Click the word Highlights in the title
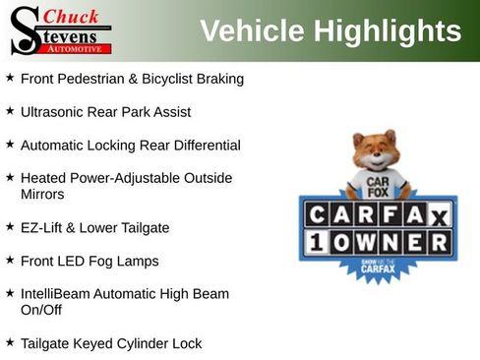[x=388, y=31]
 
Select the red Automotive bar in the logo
[x=78, y=48]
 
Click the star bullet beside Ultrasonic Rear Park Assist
[x=10, y=111]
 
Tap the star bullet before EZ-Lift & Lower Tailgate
[x=10, y=226]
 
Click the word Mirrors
[x=42, y=195]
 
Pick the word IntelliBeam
[x=57, y=293]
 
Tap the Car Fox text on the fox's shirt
[x=375, y=184]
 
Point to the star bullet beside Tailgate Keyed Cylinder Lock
[x=10, y=342]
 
